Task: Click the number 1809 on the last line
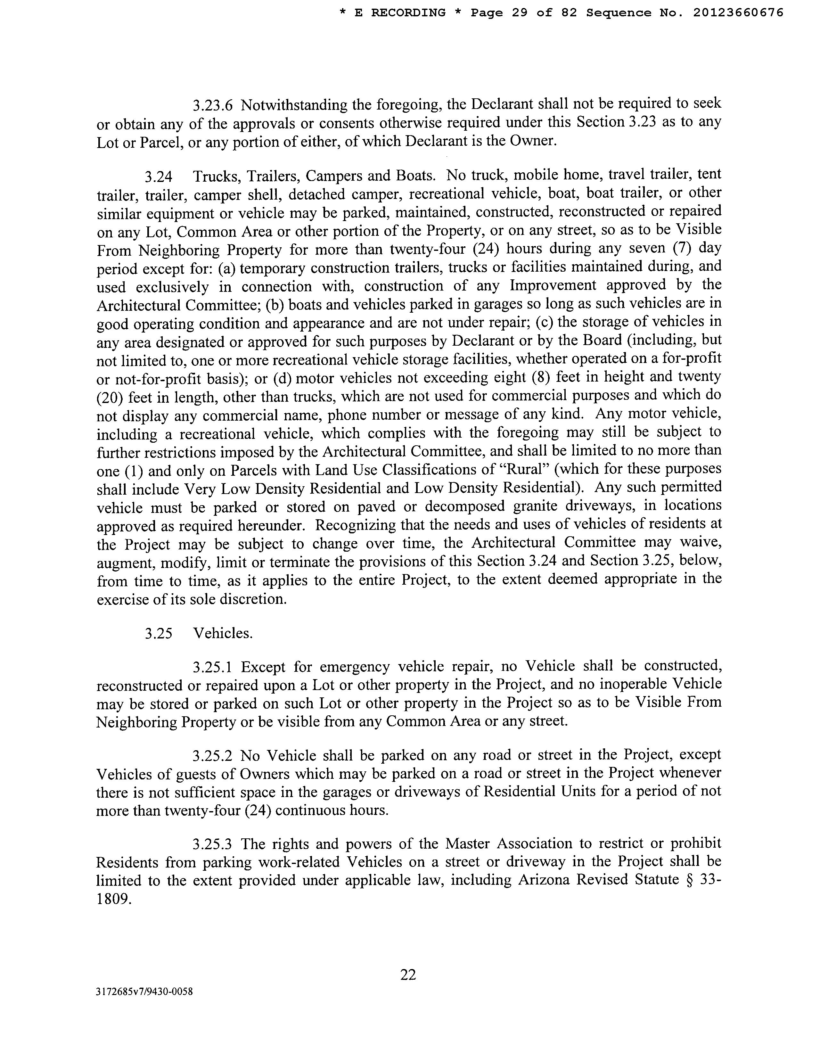point(114,899)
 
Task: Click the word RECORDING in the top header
point(408,12)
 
